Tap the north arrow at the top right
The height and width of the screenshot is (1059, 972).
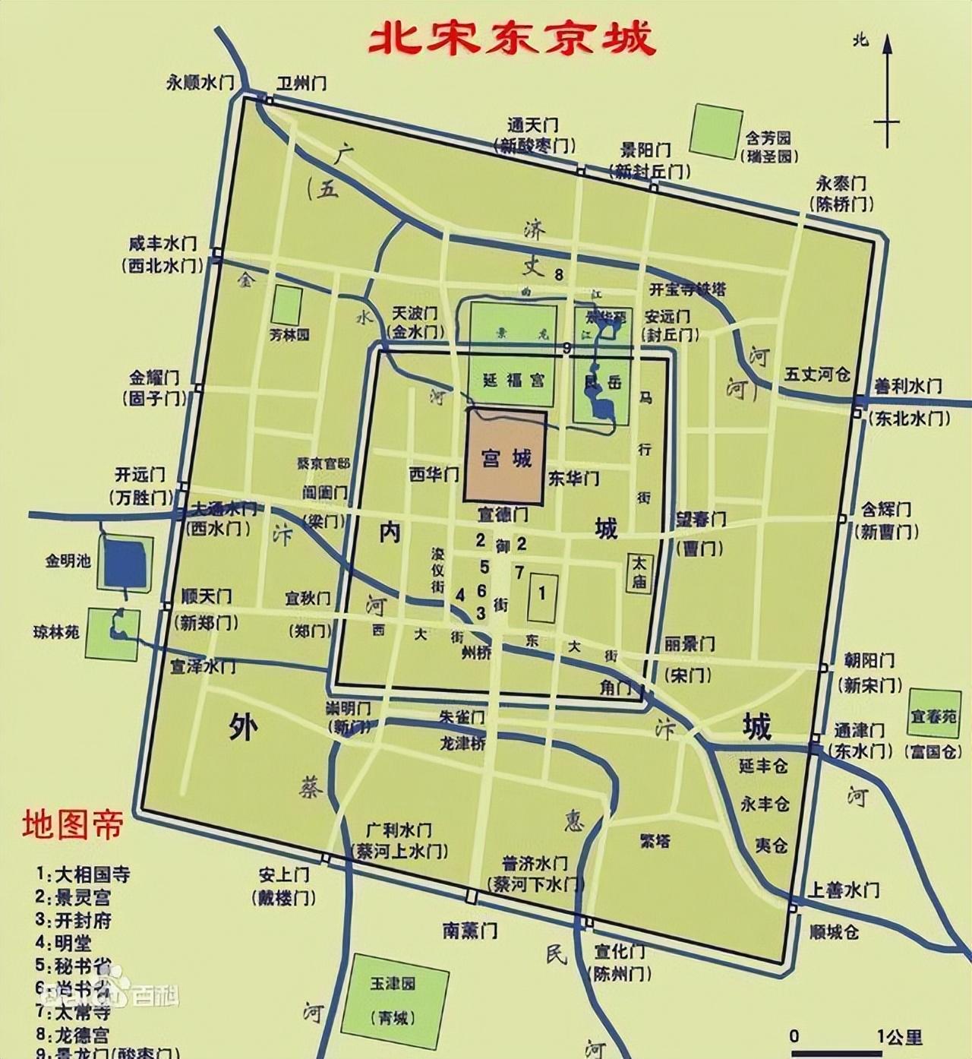[886, 91]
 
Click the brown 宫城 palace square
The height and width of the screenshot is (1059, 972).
[506, 457]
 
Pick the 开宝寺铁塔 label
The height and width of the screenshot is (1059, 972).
[687, 289]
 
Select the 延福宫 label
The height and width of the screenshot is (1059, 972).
[513, 379]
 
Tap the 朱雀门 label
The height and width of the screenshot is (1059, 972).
[462, 717]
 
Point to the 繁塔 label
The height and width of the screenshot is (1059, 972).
[655, 841]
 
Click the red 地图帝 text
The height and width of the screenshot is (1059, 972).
[72, 825]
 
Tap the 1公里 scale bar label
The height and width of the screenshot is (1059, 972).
[900, 1036]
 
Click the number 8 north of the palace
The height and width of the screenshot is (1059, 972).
[560, 274]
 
